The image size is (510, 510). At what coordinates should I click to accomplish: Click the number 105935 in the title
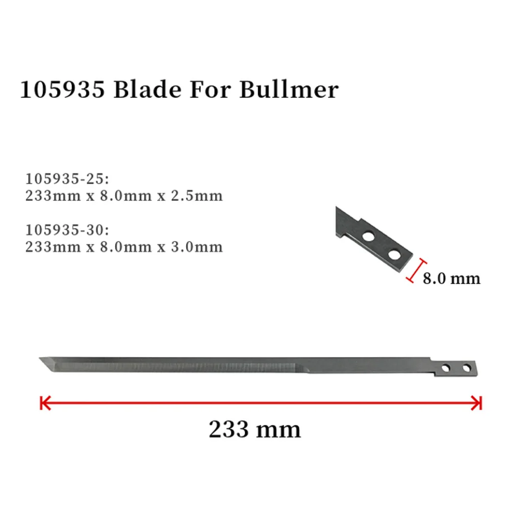point(62,89)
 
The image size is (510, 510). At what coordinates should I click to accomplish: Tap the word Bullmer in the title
point(289,89)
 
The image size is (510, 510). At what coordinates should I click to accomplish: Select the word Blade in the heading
point(147,89)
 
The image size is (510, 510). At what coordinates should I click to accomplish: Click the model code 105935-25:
point(67,179)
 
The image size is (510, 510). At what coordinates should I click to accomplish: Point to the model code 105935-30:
point(67,230)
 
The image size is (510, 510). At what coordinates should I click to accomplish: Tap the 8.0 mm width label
point(451,278)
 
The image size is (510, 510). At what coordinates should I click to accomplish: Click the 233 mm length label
point(254,429)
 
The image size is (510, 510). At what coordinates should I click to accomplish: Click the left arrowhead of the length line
point(44,403)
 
